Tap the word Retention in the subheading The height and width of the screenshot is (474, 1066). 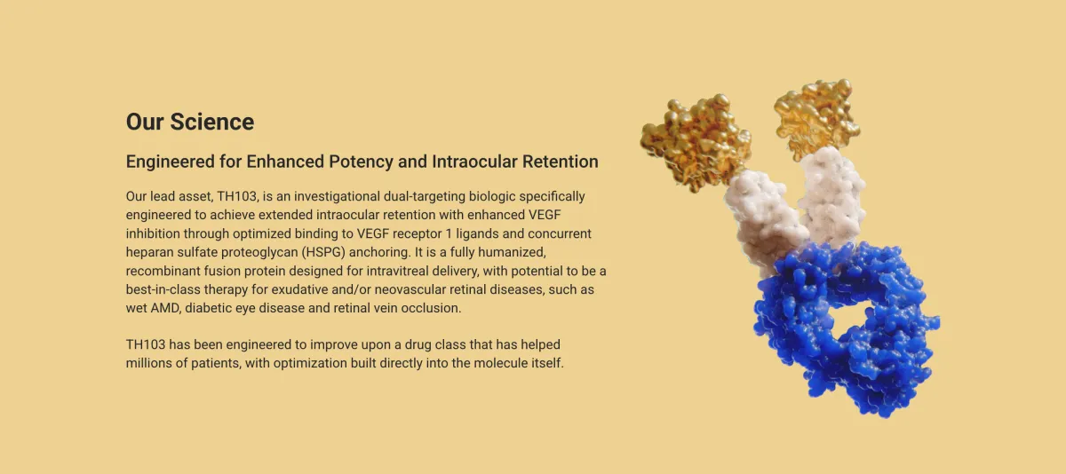(x=558, y=162)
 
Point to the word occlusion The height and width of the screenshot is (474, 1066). (x=433, y=308)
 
